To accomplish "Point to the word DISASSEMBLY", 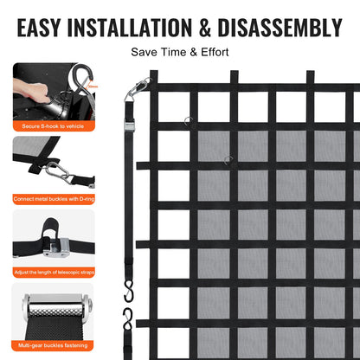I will click(x=291, y=28).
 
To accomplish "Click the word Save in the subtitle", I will click(x=144, y=53).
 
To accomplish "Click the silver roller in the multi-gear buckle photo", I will click(x=49, y=307).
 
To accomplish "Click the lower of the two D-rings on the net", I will click(x=228, y=158).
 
